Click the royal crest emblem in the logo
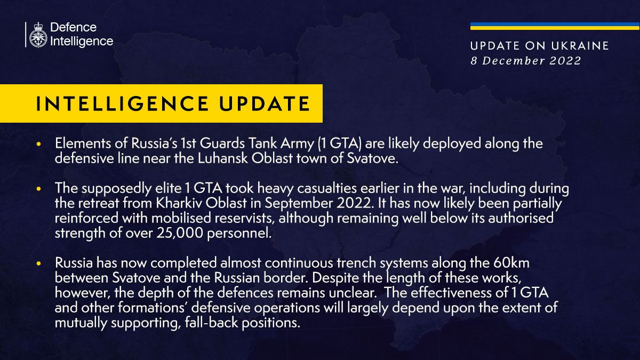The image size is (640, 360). click(38, 35)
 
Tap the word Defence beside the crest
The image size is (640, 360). click(74, 27)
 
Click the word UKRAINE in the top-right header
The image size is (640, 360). click(580, 46)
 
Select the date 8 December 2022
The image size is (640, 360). click(526, 61)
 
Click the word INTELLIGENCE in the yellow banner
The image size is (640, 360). click(123, 103)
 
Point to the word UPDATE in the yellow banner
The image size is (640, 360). click(265, 103)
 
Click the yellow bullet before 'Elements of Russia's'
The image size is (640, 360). click(39, 144)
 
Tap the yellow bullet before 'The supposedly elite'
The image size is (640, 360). click(39, 189)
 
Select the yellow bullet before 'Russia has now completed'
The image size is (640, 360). click(39, 263)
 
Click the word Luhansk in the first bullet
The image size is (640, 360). click(223, 158)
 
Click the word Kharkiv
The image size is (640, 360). click(179, 203)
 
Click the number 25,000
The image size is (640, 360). click(180, 233)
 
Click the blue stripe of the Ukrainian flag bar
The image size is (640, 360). click(555, 24)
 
